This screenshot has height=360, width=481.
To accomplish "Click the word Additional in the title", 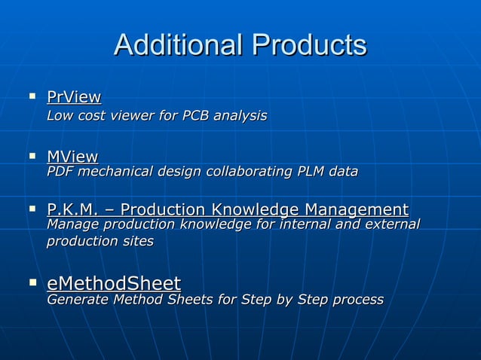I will [x=178, y=46].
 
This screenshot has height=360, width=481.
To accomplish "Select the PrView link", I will [x=74, y=97].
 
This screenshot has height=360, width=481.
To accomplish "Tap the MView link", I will [x=72, y=157].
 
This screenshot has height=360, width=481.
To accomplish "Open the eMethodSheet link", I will [x=114, y=283].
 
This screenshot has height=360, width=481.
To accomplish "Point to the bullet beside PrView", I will [x=32, y=96].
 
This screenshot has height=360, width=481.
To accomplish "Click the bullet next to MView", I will [x=32, y=156].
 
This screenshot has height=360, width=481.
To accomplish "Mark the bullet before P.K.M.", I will [x=32, y=208].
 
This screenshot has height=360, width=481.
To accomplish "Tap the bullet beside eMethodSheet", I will [x=32, y=282].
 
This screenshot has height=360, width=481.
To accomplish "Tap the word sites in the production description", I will [x=139, y=242].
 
